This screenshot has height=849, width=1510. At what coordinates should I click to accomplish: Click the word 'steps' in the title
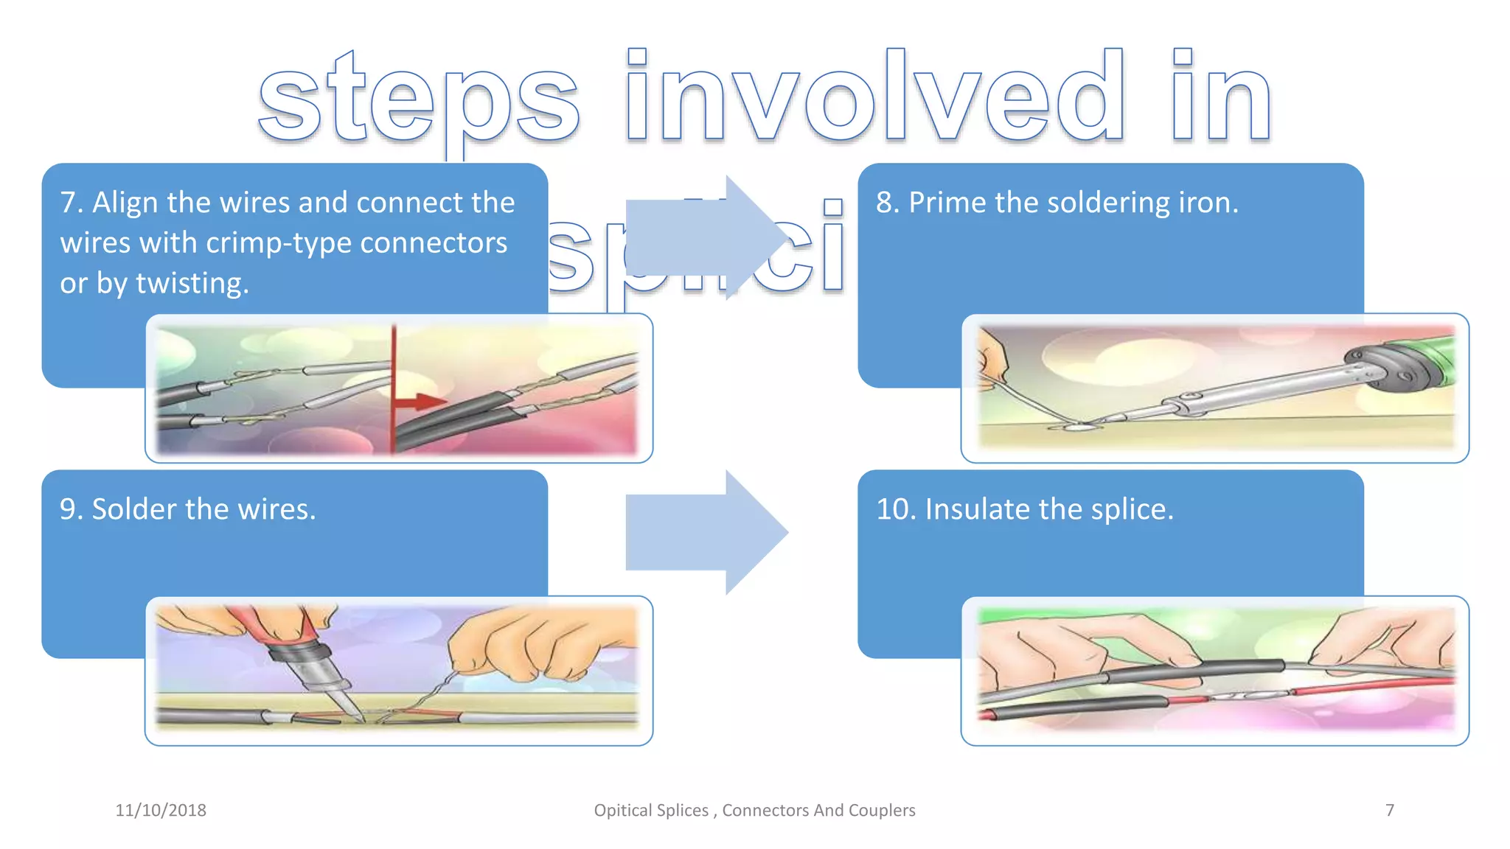point(419,99)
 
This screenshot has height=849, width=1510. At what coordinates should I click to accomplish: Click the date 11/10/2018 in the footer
point(161,810)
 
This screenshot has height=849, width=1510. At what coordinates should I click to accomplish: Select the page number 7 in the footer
point(1389,810)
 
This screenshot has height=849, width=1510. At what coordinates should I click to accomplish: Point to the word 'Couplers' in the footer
point(882,810)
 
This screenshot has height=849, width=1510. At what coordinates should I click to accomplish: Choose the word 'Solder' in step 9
point(134,509)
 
